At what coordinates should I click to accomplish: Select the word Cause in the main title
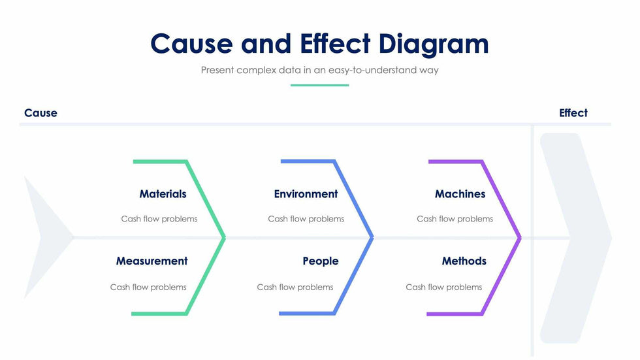coord(191,43)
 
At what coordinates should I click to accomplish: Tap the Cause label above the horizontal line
coord(40,113)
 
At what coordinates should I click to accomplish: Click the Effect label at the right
coord(573,113)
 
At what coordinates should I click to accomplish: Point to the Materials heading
coord(163,194)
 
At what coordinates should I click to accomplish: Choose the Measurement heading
coord(152,261)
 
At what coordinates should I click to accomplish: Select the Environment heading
coord(306,194)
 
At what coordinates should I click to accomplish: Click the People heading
coord(321,261)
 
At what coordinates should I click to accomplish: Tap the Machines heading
coord(460,194)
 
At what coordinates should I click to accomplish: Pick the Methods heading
coord(464,261)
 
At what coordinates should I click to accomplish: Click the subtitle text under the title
coord(319,70)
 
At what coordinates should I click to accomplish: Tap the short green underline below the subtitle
coord(319,86)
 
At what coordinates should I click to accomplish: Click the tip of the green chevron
coord(225,238)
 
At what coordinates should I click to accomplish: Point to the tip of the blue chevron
coord(373,238)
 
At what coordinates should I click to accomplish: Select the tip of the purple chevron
coord(520,238)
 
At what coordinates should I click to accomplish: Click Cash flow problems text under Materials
coord(159,219)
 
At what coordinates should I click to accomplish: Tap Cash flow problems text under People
coord(295,287)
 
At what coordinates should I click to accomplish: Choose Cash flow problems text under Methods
coord(443,287)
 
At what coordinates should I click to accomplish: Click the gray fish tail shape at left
coord(48,238)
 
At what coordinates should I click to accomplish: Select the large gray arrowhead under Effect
coord(576,238)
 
